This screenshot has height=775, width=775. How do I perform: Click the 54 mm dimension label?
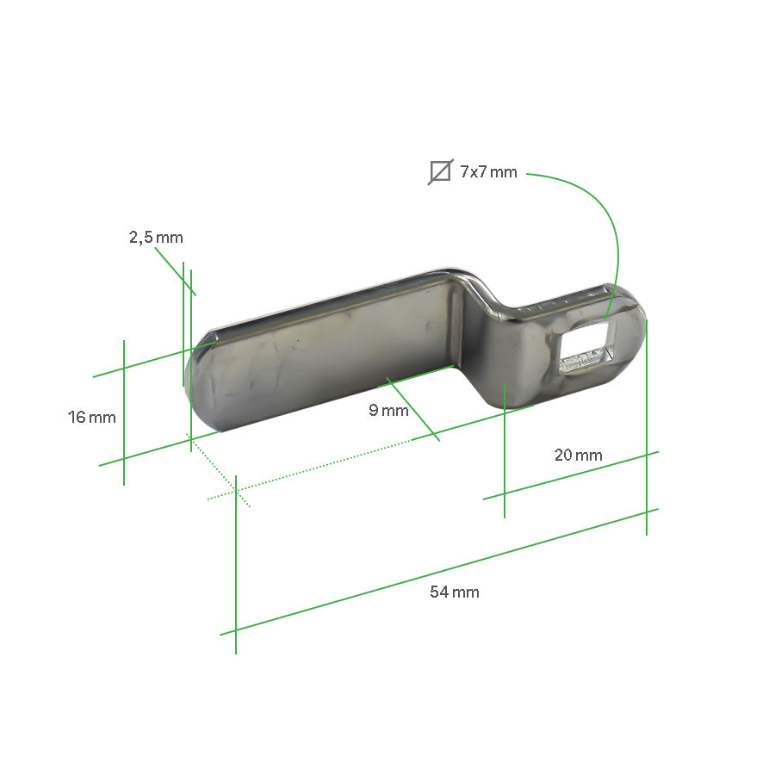(454, 592)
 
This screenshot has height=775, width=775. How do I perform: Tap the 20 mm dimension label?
(578, 455)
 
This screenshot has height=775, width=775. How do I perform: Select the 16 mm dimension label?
(91, 418)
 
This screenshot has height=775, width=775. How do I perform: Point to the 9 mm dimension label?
(388, 410)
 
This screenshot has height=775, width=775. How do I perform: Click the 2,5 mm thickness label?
(156, 238)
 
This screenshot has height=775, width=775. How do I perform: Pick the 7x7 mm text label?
(488, 172)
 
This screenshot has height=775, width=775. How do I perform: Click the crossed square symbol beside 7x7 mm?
(440, 172)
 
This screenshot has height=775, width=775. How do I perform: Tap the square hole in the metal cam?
(588, 351)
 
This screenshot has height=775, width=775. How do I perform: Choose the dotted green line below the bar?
(327, 466)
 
